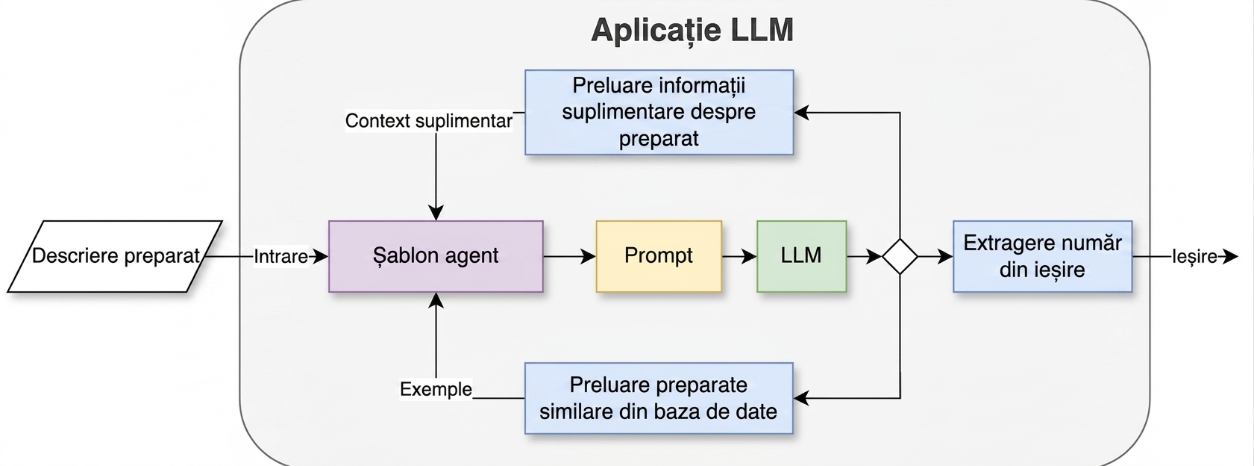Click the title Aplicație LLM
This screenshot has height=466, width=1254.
tap(692, 30)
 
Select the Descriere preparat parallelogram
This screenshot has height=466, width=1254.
tap(115, 257)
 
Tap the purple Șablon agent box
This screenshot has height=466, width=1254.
tap(436, 257)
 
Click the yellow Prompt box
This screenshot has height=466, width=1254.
tap(659, 257)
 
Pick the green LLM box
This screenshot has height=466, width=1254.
tap(801, 257)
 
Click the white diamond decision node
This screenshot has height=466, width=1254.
tap(900, 257)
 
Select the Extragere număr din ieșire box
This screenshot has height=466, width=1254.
tap(1042, 257)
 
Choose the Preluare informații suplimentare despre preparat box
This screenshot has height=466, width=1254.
tap(659, 112)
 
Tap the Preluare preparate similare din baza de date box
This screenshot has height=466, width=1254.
tap(659, 398)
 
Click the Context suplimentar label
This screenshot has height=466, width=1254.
tap(429, 120)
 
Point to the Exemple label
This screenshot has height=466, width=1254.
tap(436, 388)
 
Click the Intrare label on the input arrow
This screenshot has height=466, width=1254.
tap(281, 257)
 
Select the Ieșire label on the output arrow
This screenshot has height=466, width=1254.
tap(1194, 257)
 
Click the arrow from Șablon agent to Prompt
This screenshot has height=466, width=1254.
tap(569, 257)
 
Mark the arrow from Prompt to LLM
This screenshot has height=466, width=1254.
tap(739, 257)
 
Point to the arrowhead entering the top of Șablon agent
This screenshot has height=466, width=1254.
tap(436, 213)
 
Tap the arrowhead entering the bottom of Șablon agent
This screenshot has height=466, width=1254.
tap(436, 300)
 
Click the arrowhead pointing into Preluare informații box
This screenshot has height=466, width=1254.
tap(802, 113)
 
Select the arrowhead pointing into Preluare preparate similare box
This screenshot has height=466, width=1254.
tap(801, 398)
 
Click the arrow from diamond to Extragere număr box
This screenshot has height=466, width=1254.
tap(935, 257)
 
